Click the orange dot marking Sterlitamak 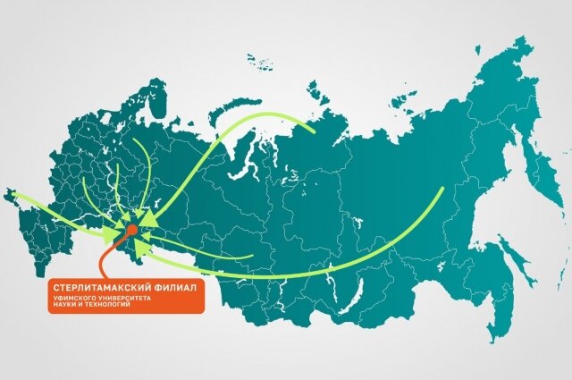131,230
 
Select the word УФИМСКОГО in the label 74,298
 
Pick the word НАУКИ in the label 65,305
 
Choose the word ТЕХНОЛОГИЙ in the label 106,305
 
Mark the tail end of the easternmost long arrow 442,189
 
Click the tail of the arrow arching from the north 314,131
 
